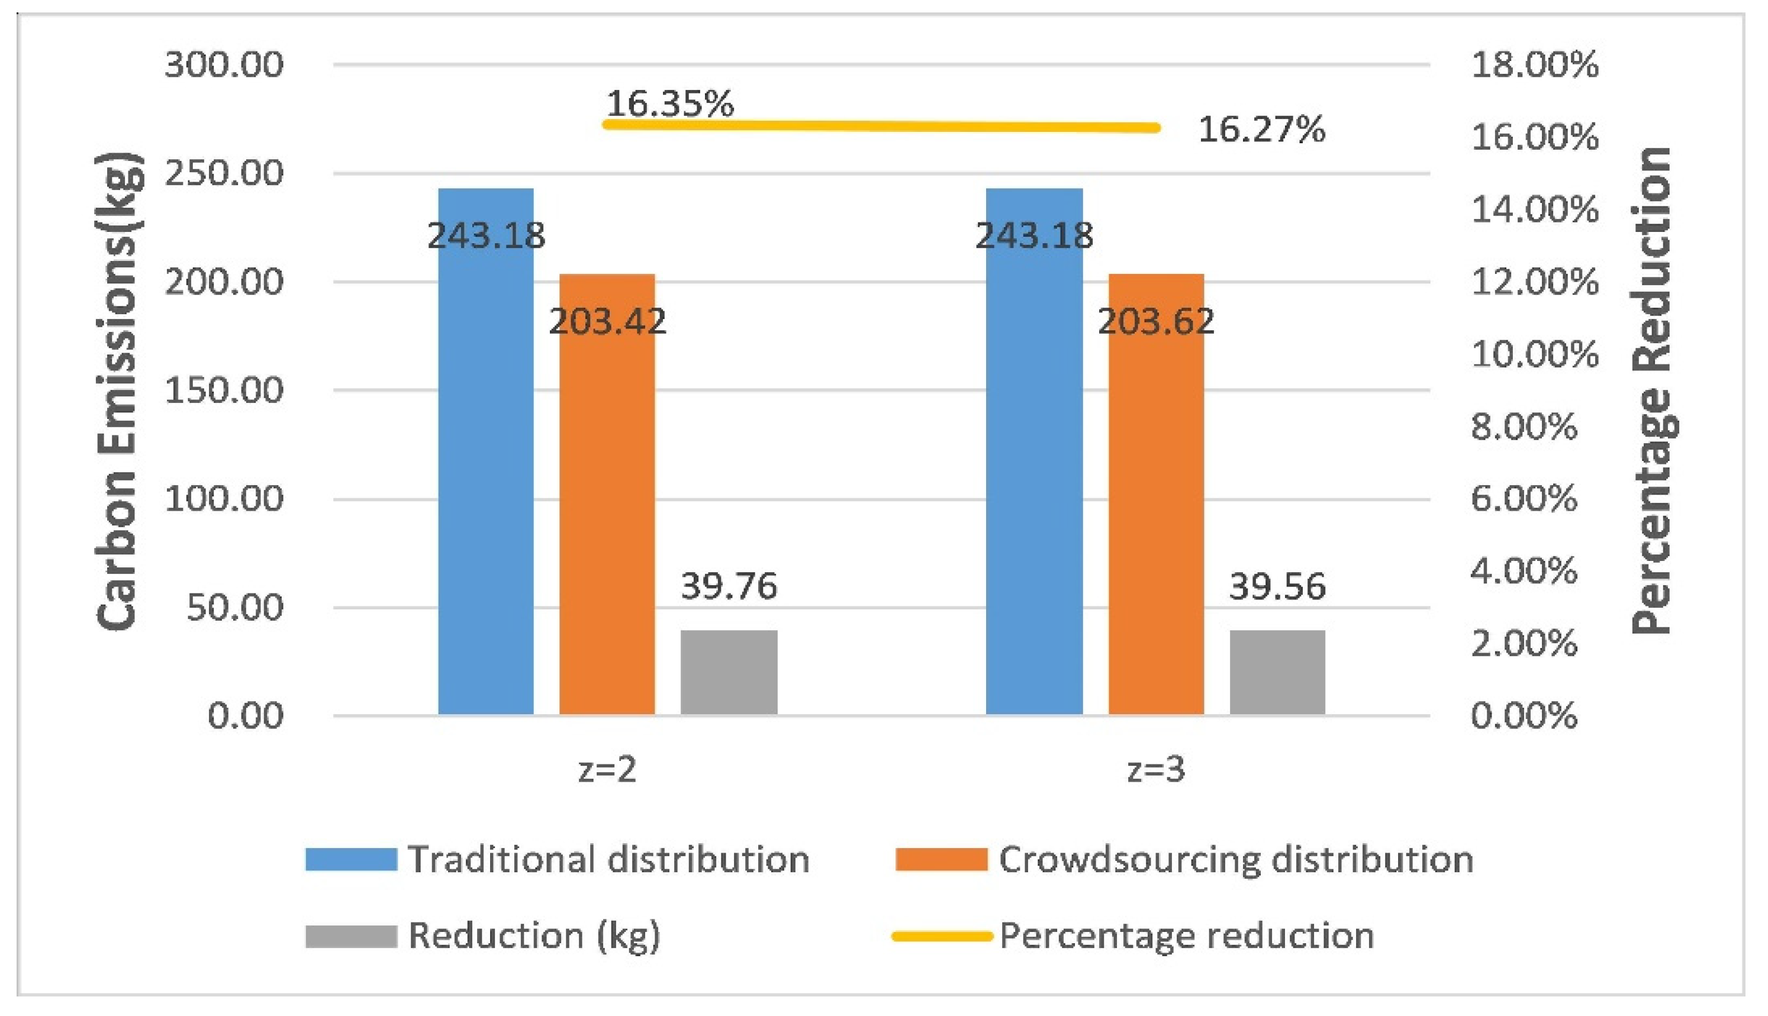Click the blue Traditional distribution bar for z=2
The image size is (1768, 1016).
point(486,475)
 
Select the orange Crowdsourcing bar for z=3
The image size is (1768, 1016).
point(1156,517)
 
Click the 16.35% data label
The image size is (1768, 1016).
point(670,104)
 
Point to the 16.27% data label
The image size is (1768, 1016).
point(1261,130)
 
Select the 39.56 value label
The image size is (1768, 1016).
point(1277,586)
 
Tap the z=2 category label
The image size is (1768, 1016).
point(607,770)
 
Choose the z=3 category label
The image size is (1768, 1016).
point(1156,770)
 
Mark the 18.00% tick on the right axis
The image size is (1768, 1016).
point(1534,65)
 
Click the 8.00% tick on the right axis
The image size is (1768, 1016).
point(1524,427)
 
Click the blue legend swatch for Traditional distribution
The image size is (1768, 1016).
point(351,859)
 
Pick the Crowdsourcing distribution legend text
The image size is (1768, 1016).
point(1236,859)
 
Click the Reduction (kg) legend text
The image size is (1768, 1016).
point(534,936)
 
